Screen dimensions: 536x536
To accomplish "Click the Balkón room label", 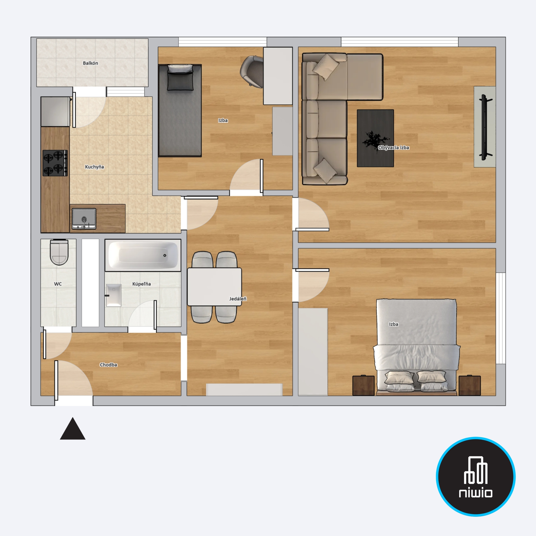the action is tap(90, 63).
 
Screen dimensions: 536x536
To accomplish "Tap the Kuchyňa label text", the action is tap(94, 167).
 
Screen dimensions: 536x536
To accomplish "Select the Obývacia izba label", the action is tap(393, 148).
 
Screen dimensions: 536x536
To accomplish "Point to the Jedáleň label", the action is tap(238, 299).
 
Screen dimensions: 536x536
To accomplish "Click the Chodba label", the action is tap(108, 365).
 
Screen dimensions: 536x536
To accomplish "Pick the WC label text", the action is tap(58, 284).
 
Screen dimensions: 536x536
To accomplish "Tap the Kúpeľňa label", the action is tap(142, 284).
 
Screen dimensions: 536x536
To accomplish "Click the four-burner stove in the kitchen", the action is tap(55, 163).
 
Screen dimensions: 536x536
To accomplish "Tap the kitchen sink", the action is tap(84, 219).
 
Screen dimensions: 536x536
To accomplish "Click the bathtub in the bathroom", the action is tap(143, 255).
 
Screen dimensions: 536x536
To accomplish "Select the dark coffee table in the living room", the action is tap(375, 138).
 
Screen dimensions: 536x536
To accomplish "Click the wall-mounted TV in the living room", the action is tap(484, 127).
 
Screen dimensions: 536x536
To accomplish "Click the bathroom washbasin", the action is tap(114, 295).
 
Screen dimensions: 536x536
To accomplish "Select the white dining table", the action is tap(214, 287).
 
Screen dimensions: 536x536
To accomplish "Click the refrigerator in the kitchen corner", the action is tap(55, 112).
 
